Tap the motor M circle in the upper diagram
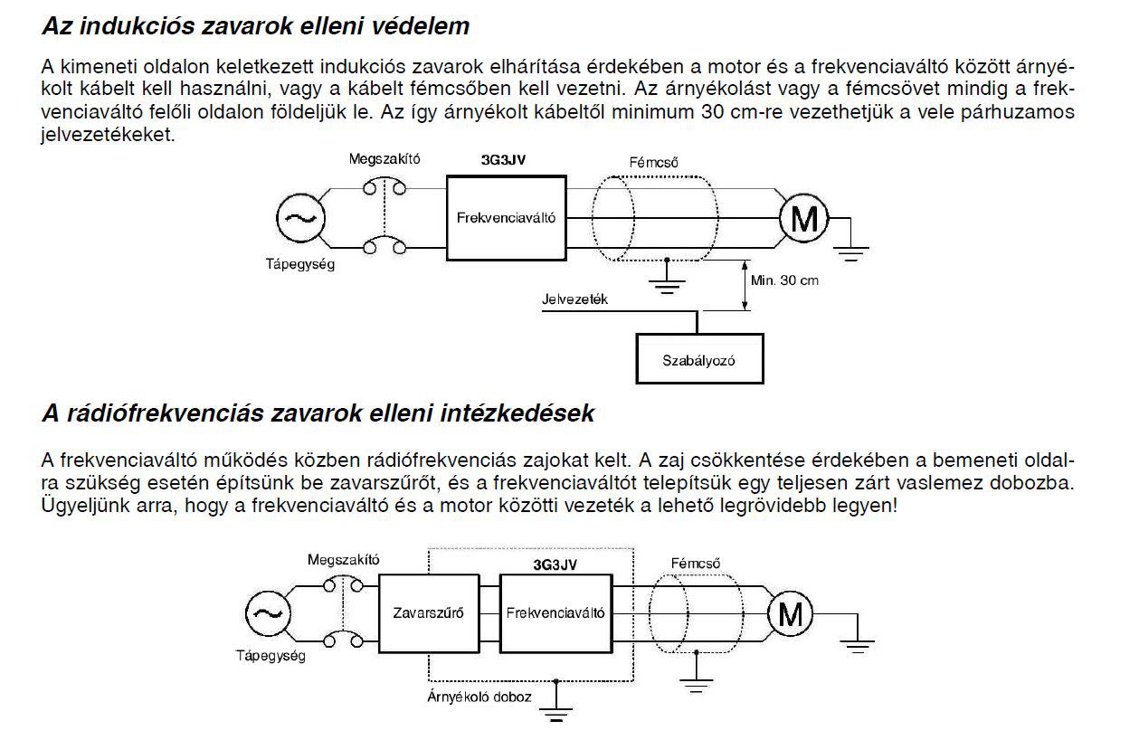[803, 218]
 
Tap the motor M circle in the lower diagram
[790, 614]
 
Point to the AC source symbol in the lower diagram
[269, 613]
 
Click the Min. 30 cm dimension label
[784, 280]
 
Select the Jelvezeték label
[574, 299]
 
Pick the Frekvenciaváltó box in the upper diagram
[507, 217]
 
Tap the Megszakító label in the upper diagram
[384, 159]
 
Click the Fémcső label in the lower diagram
[695, 563]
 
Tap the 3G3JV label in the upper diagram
[504, 159]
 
